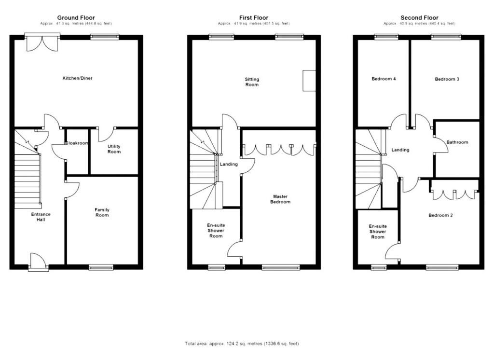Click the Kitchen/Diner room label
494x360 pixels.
click(77, 78)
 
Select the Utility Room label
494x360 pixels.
click(114, 149)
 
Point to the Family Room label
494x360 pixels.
click(102, 212)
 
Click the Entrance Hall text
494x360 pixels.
click(41, 217)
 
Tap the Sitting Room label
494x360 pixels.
click(252, 82)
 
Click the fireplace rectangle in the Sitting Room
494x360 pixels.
click(309, 80)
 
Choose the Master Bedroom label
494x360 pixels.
click(281, 199)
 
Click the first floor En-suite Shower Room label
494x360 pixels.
click(216, 231)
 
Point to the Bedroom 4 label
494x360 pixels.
click(384, 79)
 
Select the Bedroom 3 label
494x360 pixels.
click(447, 79)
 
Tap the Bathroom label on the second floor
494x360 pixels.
click(457, 142)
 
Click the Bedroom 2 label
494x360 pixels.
click(440, 215)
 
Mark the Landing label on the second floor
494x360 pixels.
click(400, 150)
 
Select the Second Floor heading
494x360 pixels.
click(419, 18)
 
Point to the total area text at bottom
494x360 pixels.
click(242, 344)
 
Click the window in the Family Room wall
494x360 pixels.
click(101, 267)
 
